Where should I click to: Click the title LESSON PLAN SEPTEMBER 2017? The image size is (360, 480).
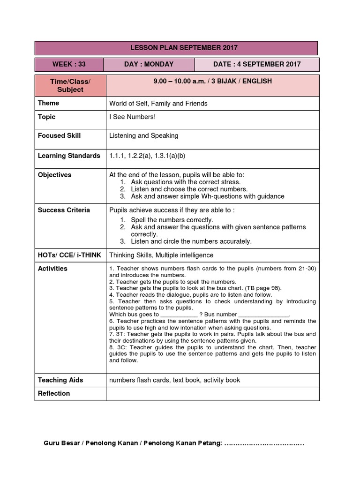click(x=177, y=48)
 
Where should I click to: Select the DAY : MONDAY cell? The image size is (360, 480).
click(x=149, y=64)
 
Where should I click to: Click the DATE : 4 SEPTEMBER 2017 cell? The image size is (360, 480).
click(x=257, y=64)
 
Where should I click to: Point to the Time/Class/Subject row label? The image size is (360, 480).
click(x=70, y=85)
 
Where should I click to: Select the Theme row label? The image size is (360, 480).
click(x=49, y=103)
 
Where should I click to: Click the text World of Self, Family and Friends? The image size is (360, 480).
click(x=158, y=103)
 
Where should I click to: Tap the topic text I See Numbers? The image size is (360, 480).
click(x=132, y=117)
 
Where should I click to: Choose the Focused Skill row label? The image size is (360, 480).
click(x=59, y=135)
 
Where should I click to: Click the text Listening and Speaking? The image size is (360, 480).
click(x=143, y=135)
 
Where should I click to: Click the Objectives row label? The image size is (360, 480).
click(x=54, y=175)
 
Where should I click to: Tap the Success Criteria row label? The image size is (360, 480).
click(x=64, y=210)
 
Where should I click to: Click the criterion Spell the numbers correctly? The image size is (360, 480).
click(x=172, y=219)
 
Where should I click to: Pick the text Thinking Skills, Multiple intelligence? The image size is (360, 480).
click(x=161, y=255)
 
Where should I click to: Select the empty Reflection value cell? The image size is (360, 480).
click(x=213, y=394)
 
